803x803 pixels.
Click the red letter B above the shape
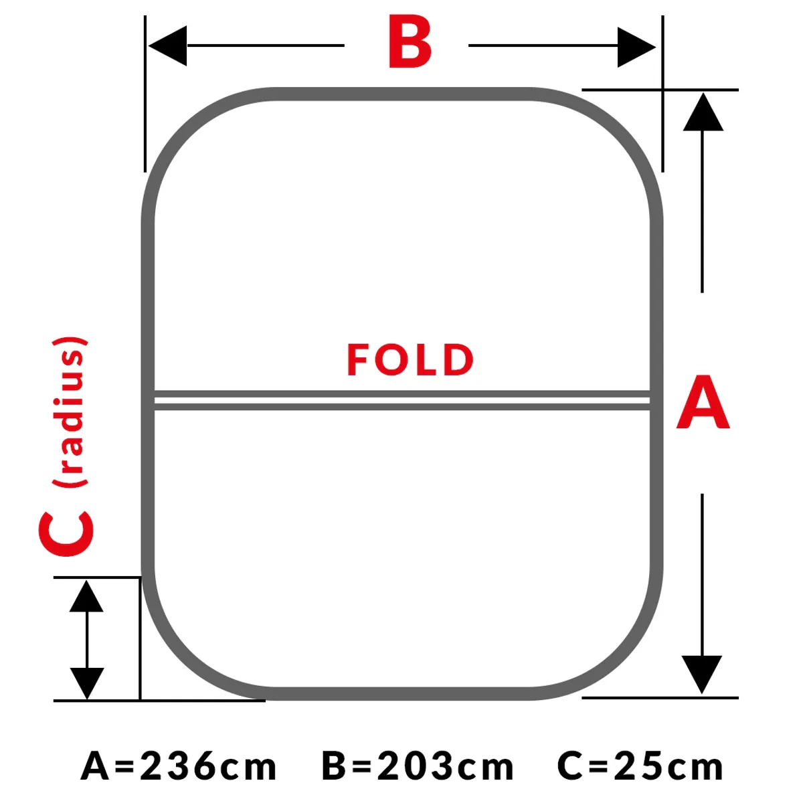[410, 41]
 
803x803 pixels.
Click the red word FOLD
[410, 360]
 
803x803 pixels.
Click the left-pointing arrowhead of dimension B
[167, 46]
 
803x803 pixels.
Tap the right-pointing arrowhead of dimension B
[636, 47]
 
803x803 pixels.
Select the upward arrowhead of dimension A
[703, 112]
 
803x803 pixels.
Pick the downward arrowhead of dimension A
[702, 675]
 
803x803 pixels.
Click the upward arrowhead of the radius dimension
[86, 596]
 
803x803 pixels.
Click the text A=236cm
[179, 766]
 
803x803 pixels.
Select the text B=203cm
[418, 766]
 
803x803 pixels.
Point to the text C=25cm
[640, 766]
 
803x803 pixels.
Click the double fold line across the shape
[402, 400]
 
